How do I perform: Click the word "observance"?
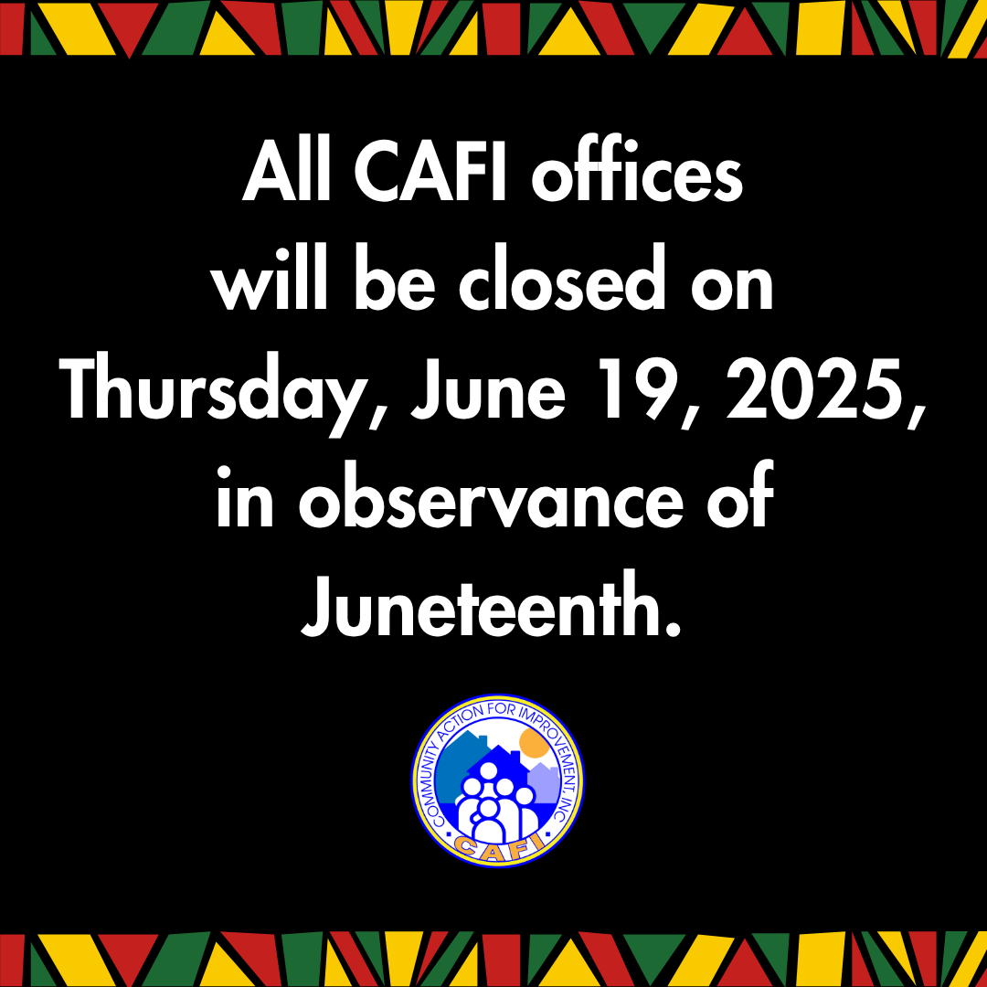491,501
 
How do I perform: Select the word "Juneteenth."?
492,610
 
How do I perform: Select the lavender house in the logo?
543,781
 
